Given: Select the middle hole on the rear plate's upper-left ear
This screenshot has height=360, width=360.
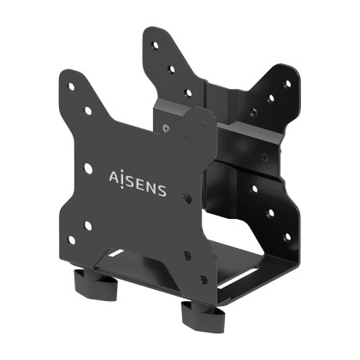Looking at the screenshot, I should click(171, 69).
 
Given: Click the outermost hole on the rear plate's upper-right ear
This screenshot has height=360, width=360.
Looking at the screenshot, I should click(286, 84).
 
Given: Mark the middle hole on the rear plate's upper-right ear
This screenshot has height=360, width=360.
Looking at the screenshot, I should click(270, 98).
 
